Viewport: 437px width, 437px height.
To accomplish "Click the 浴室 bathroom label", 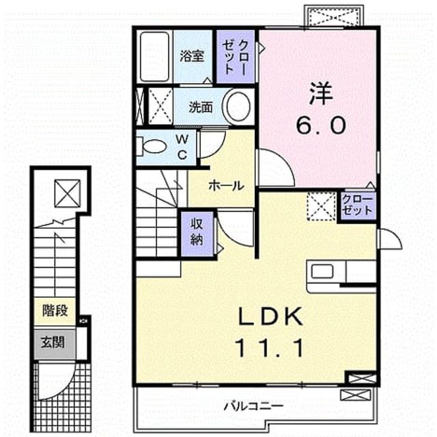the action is tap(191, 56).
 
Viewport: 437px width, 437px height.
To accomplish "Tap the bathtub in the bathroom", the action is tap(154, 57).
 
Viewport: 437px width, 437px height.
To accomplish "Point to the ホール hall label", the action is tap(226, 186).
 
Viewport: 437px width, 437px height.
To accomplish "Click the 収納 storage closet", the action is tap(197, 234).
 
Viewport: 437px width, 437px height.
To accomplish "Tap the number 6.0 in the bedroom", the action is tap(321, 126).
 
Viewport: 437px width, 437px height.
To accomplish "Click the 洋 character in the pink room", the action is tap(320, 94).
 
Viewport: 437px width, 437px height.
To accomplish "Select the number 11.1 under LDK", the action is tap(270, 348).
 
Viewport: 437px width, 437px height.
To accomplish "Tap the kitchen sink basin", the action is tap(322, 271).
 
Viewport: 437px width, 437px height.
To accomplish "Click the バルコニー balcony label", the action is tap(253, 406).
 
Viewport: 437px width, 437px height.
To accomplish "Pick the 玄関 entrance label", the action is tap(53, 342).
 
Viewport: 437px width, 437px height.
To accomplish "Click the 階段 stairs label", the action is tap(55, 310).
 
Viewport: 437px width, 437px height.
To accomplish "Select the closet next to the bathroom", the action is tap(236, 57).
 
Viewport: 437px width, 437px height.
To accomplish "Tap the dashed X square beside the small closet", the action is tap(322, 206).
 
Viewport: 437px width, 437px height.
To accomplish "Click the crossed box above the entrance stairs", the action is tap(67, 193).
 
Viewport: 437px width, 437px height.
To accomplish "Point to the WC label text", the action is tap(182, 147).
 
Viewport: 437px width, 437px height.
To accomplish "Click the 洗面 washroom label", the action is tap(201, 107).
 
